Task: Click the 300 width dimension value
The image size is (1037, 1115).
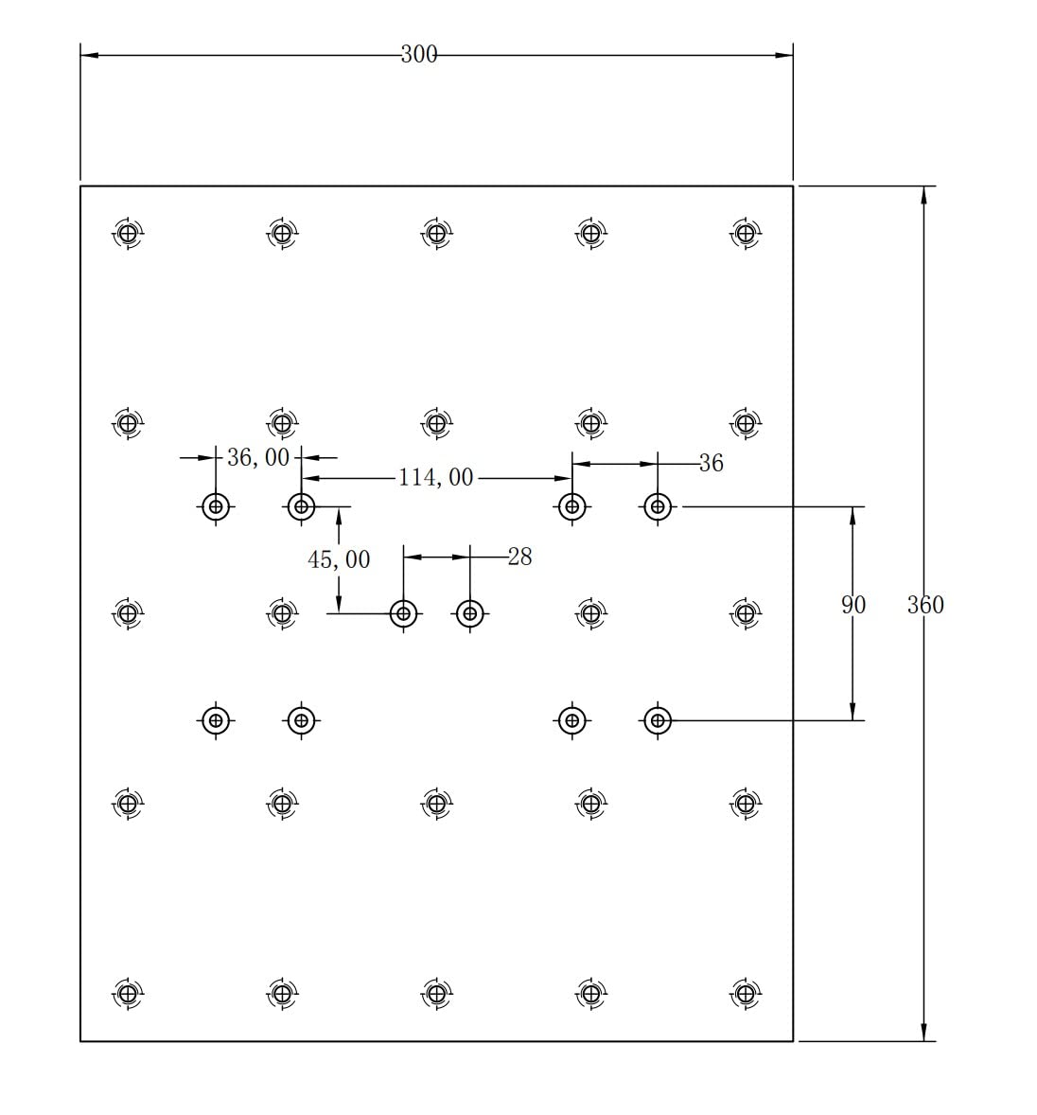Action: point(419,55)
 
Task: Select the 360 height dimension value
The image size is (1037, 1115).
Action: point(925,605)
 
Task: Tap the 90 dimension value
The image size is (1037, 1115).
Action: point(853,605)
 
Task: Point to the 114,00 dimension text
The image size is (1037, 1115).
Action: point(435,478)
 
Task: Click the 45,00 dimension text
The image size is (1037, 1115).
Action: point(339,560)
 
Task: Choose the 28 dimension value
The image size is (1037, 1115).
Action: point(520,557)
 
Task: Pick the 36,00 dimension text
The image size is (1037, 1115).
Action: point(258,458)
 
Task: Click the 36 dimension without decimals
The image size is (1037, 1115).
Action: point(712,463)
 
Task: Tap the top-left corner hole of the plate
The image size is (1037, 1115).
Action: point(127,232)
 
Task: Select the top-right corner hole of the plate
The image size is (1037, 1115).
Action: point(746,232)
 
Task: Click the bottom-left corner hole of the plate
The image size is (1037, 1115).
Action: point(127,994)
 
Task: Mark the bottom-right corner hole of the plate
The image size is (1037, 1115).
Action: point(746,994)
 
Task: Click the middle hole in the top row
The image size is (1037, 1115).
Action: point(436,232)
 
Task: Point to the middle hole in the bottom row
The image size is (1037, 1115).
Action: point(436,994)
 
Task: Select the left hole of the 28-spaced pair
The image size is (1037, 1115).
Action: point(404,613)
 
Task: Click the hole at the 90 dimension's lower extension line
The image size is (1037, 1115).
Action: point(658,721)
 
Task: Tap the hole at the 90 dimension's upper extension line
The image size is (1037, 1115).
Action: point(658,507)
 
